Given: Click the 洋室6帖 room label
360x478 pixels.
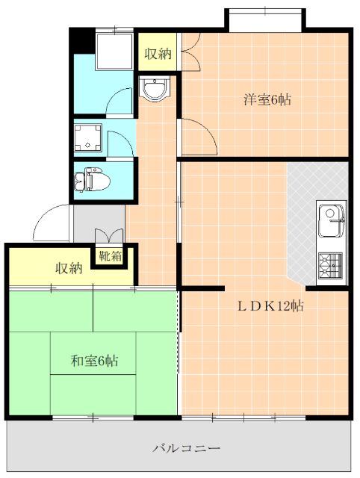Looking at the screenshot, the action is [x=267, y=99].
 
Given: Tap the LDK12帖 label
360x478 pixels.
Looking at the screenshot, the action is [x=270, y=305].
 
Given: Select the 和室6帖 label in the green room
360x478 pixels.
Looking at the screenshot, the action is [x=95, y=361].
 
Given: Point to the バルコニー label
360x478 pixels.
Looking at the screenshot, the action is [x=186, y=448].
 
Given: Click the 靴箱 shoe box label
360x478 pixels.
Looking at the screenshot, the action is [x=111, y=256].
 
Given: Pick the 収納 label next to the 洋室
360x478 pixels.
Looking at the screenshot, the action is [x=158, y=54].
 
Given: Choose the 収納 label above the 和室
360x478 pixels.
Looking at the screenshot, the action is [x=69, y=268].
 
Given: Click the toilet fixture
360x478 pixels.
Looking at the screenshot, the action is [x=92, y=179].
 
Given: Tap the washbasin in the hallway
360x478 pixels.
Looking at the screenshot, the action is [x=155, y=89].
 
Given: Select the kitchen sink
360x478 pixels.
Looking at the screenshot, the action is [x=332, y=221].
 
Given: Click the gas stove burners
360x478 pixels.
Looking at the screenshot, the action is [x=330, y=265].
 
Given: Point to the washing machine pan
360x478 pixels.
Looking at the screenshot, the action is [x=88, y=137].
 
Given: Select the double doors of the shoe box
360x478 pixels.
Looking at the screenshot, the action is [x=109, y=236].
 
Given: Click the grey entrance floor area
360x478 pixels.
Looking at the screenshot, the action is [x=99, y=223].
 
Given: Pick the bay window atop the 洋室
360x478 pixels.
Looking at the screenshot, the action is [x=265, y=20].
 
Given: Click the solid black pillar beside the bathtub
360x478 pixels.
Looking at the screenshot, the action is [x=82, y=41].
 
